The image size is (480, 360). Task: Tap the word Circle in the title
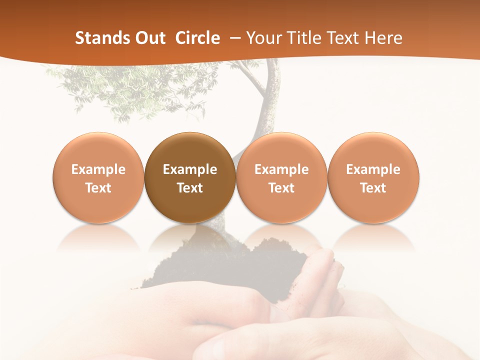(x=197, y=38)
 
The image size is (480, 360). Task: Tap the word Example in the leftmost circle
(x=98, y=169)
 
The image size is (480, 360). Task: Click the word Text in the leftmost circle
(x=98, y=188)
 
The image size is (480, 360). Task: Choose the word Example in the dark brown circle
(x=190, y=169)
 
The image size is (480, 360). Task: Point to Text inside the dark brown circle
(x=190, y=188)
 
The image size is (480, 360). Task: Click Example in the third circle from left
(x=281, y=169)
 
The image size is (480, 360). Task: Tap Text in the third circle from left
(x=281, y=188)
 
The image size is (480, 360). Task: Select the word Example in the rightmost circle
(x=373, y=169)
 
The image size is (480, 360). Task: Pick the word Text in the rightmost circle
(x=373, y=188)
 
